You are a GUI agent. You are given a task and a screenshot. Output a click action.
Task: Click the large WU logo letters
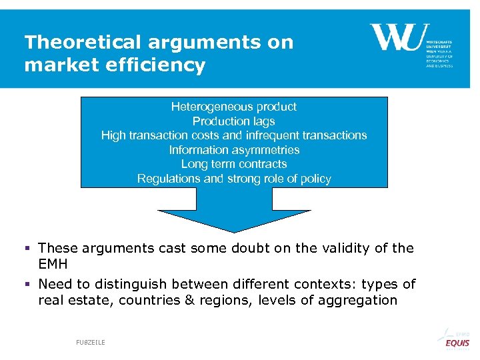tap(396, 37)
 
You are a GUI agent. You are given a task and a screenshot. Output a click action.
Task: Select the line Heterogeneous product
tap(233, 107)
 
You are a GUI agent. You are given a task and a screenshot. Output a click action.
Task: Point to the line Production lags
tap(233, 121)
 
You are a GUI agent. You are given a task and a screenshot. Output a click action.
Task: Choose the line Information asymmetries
tap(233, 150)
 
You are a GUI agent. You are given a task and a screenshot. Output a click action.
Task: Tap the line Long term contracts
tap(233, 164)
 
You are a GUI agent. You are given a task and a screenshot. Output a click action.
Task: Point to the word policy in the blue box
tap(313, 179)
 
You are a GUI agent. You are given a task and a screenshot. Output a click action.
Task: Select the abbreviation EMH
tap(53, 264)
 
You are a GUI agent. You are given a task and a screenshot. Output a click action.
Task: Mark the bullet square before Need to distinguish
tap(28, 285)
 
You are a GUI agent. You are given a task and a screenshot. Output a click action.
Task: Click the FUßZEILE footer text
tap(91, 342)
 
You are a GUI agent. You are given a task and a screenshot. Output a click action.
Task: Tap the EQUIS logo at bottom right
tap(457, 343)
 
